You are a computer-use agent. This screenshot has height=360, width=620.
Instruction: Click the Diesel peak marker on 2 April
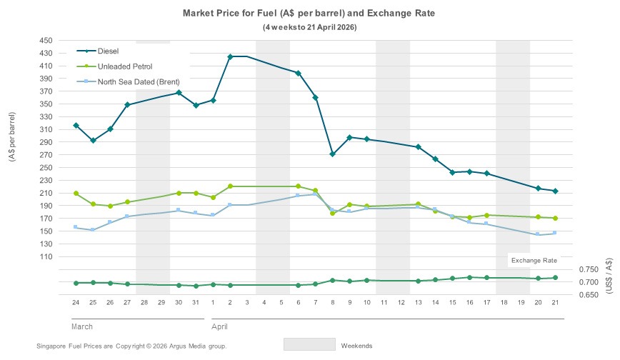tap(230, 56)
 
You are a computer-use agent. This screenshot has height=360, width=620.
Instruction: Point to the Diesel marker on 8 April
tap(333, 154)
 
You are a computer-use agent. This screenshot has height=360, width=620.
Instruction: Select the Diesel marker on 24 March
tap(76, 126)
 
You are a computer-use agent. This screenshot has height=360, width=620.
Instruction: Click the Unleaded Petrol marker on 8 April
tap(333, 213)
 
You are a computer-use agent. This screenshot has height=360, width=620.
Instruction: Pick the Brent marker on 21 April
tap(555, 233)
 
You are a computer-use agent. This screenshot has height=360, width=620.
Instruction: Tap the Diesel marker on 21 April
tap(555, 191)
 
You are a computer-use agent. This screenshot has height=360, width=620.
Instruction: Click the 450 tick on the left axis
tap(56, 41)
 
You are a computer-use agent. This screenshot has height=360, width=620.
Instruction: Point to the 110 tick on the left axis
tap(56, 256)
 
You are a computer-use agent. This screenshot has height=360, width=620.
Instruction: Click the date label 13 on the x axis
tap(418, 303)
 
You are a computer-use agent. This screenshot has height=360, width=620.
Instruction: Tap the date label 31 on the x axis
tap(196, 303)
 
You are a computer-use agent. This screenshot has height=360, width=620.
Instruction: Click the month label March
tap(82, 326)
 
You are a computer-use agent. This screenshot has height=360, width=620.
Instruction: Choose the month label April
tap(219, 326)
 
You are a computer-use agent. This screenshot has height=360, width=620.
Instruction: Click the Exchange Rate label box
tap(534, 260)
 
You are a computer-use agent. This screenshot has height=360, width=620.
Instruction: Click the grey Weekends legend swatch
tap(309, 344)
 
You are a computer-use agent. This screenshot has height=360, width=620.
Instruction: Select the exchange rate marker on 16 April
tap(469, 277)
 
